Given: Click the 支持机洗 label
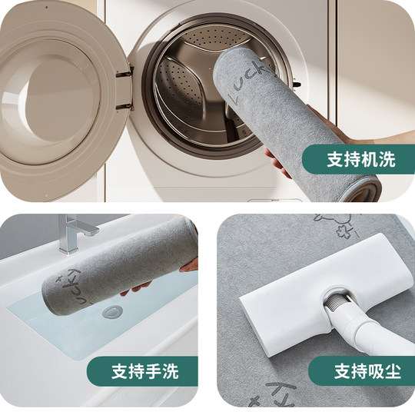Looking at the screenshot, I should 360,159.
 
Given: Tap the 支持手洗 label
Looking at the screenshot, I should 144,371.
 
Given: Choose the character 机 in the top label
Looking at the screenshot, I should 369,159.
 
